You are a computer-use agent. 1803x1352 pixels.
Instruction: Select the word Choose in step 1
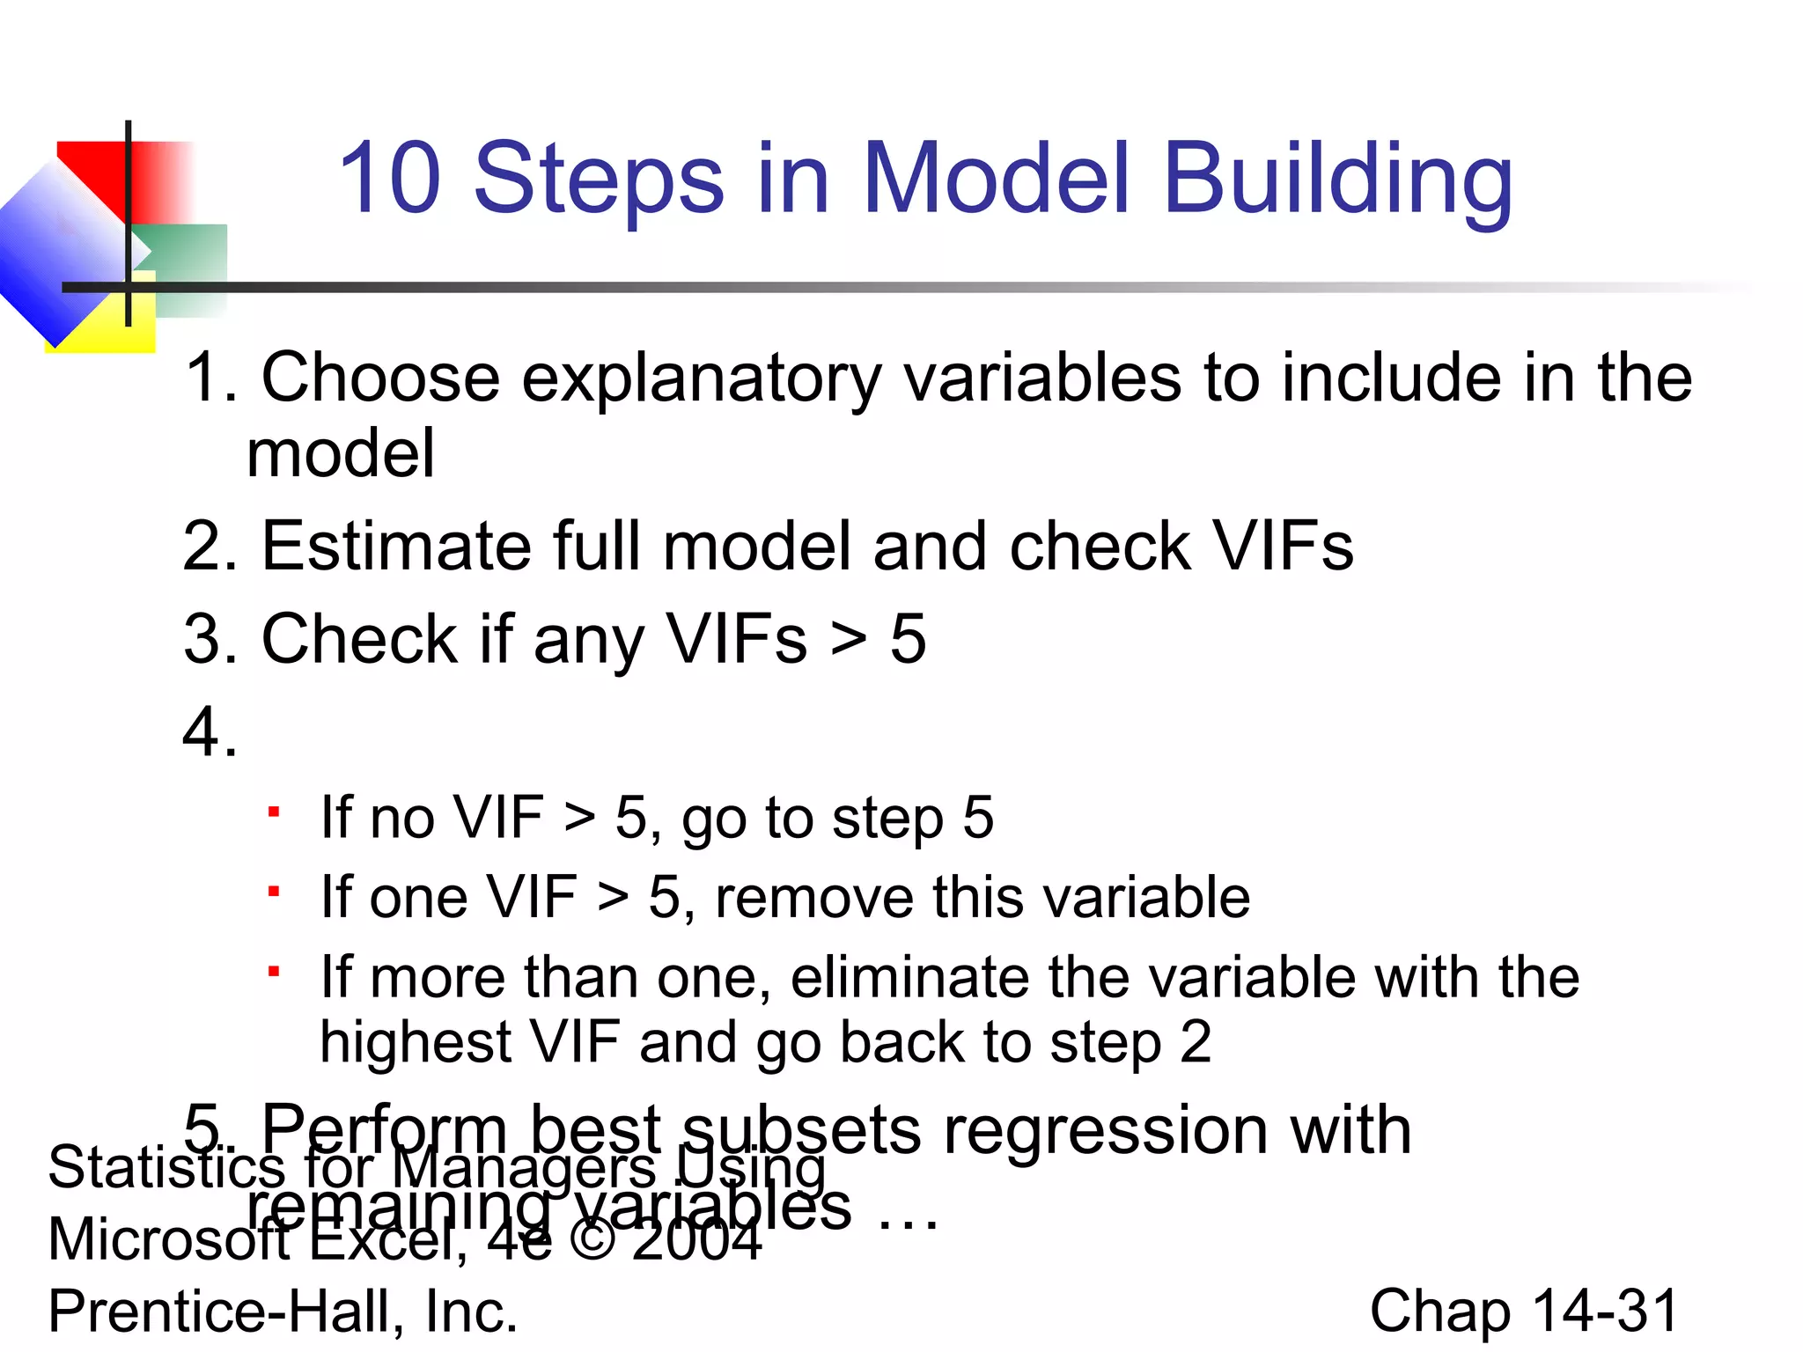380,378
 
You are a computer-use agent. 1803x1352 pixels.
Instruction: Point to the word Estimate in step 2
396,547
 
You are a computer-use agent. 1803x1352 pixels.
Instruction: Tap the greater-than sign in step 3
849,640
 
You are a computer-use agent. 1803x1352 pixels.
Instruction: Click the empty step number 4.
210,732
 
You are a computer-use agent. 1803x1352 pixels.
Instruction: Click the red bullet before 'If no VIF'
275,812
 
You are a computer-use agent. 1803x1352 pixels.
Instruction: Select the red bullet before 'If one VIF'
275,892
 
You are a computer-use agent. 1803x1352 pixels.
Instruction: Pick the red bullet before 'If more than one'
275,972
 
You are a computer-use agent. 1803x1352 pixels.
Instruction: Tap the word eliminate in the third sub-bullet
909,979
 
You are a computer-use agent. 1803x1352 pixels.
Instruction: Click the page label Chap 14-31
1523,1312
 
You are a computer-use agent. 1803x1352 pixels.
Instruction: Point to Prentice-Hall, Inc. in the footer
283,1312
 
